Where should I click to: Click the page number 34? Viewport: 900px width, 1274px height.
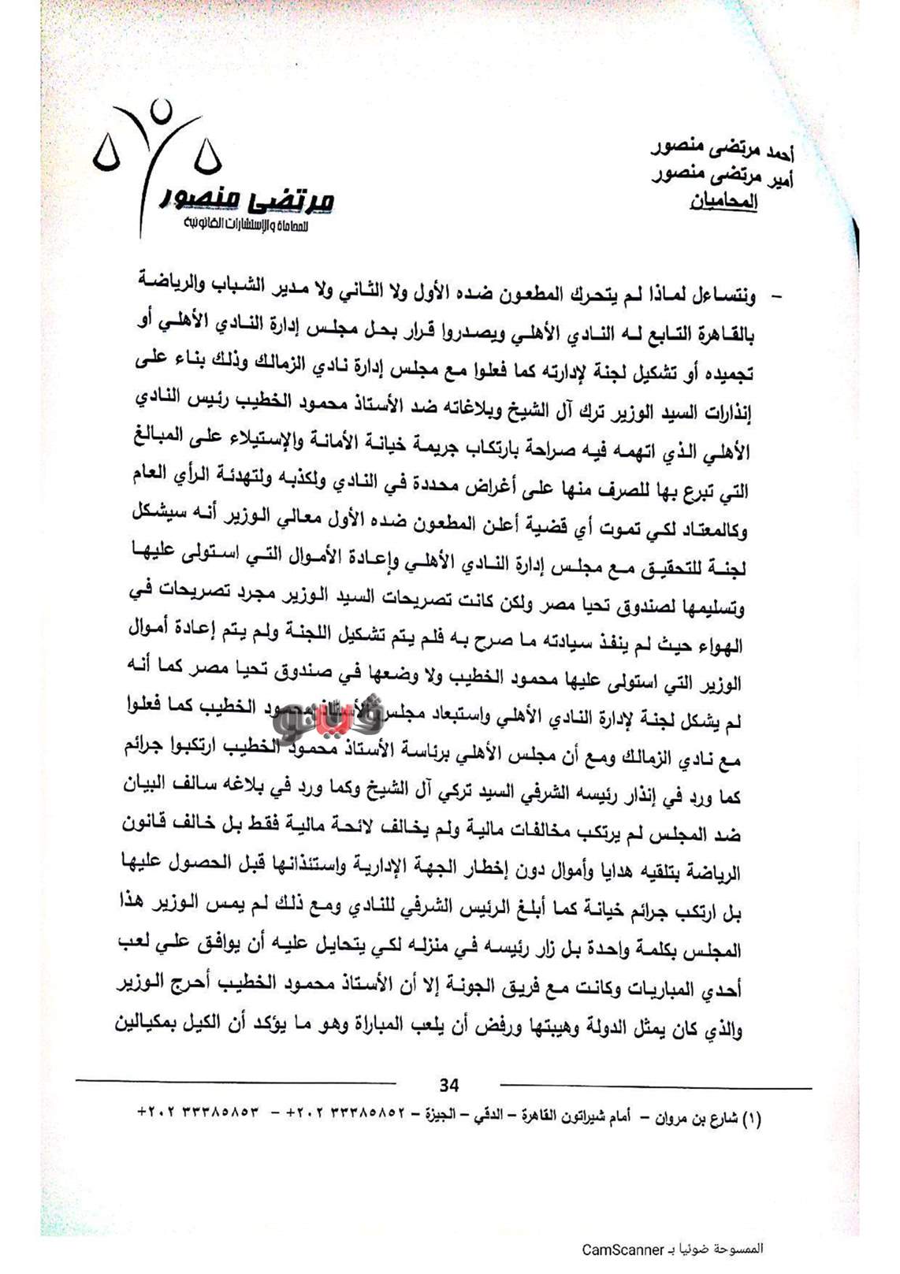click(448, 1085)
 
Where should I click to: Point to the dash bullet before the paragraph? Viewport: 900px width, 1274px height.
click(775, 297)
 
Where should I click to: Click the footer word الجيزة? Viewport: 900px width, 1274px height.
click(443, 1117)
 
